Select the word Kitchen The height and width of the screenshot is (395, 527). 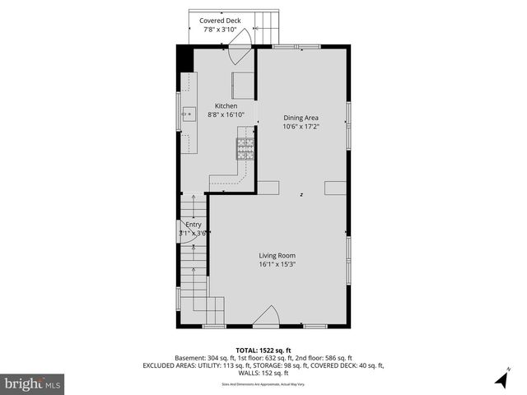(226, 106)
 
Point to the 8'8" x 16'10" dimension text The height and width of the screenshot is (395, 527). (226, 115)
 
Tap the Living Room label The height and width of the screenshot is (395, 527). (277, 255)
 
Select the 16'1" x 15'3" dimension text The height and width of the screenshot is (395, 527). (277, 264)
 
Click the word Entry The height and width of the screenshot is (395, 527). (193, 225)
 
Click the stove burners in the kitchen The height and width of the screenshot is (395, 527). (246, 148)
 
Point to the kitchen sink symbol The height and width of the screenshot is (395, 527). (189, 114)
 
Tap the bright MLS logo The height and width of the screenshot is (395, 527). (33, 383)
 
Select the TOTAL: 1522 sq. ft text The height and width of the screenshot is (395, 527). (263, 350)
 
